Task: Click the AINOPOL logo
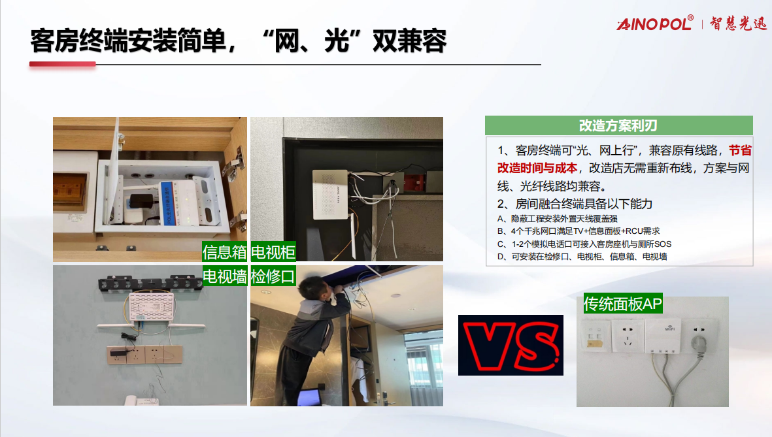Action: click(655, 23)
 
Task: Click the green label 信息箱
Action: click(224, 252)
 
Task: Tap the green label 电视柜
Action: click(273, 252)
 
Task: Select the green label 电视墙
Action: click(224, 276)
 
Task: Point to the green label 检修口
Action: click(273, 276)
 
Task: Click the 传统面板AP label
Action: click(623, 304)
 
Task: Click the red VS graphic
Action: click(511, 346)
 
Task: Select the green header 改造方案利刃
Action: click(619, 125)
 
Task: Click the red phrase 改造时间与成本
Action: click(537, 169)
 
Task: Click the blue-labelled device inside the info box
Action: click(182, 202)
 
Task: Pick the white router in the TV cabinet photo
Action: click(330, 194)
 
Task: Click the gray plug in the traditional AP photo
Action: click(699, 342)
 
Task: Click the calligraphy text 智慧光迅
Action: click(739, 23)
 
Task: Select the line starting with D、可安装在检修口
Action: click(582, 257)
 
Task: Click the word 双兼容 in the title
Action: click(410, 41)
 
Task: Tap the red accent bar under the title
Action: click(63, 64)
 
